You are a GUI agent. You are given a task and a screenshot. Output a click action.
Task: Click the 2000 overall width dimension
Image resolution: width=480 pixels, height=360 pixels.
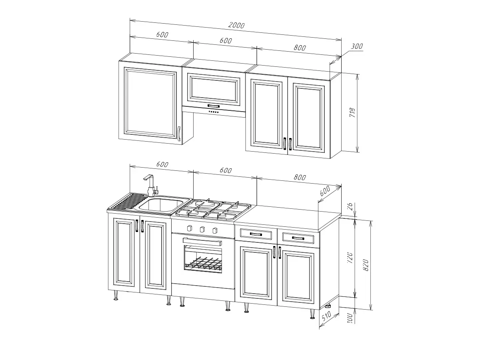(x=236, y=25)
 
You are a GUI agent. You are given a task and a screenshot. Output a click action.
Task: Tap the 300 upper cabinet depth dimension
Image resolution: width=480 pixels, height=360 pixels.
(x=357, y=46)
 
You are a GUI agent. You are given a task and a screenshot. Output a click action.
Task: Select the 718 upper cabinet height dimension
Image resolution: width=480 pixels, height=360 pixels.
(x=352, y=112)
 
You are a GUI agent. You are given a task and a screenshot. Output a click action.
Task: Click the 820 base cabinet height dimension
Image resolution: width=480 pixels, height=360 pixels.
(x=366, y=265)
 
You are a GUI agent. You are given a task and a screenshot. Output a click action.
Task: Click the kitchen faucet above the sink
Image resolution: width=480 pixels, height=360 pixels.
(x=151, y=185)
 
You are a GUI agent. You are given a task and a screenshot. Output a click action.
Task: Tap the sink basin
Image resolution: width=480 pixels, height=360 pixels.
(x=161, y=206)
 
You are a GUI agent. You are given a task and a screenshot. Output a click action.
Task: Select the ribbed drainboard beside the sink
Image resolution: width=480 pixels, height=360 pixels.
(x=129, y=201)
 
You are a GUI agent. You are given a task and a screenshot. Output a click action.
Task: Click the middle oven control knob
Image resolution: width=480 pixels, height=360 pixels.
(x=202, y=229)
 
